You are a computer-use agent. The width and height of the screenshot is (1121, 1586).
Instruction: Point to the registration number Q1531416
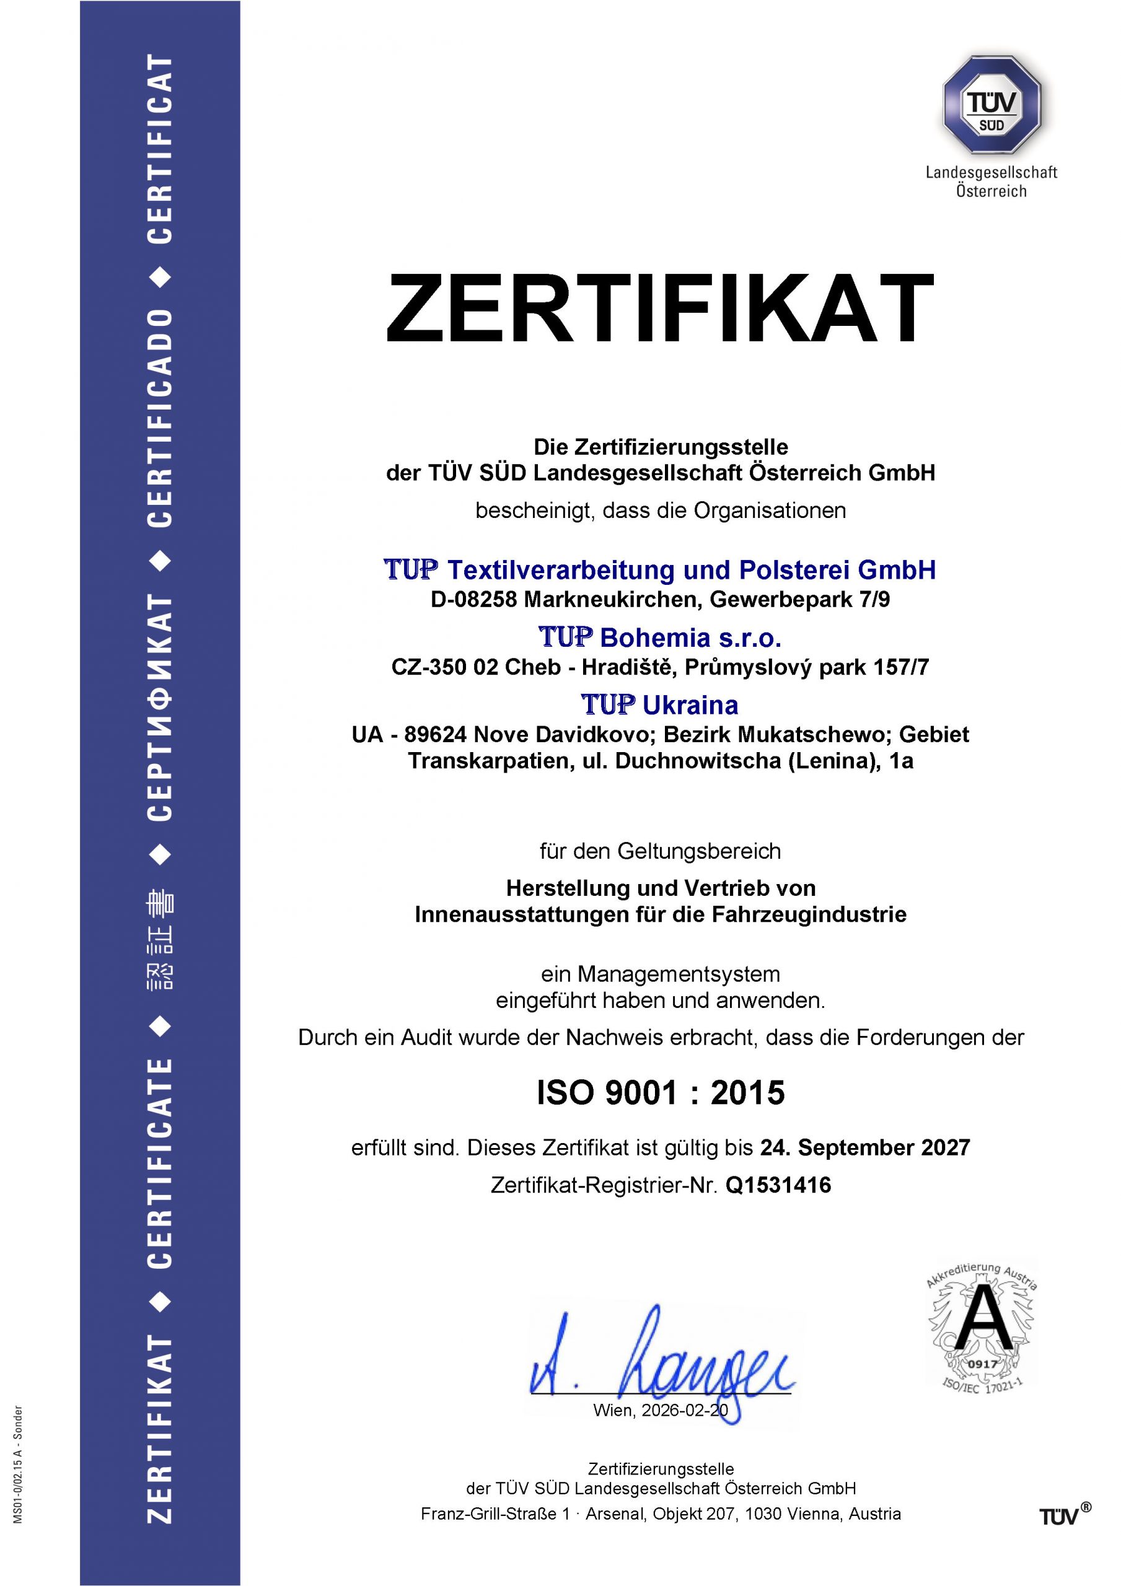pos(778,1185)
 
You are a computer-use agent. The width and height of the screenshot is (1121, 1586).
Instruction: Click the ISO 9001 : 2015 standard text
pos(661,1093)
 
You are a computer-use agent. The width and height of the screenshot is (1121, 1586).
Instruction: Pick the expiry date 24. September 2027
pos(865,1148)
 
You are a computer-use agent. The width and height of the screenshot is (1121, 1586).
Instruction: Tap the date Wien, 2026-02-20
pos(660,1411)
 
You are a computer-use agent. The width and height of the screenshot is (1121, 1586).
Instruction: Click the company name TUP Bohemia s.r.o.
pos(659,637)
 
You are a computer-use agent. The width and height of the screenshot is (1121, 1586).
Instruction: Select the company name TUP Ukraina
pos(659,705)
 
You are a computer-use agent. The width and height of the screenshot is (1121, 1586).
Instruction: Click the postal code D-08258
pos(473,600)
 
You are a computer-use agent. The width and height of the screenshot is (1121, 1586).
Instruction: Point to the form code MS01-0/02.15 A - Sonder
pos(19,1464)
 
